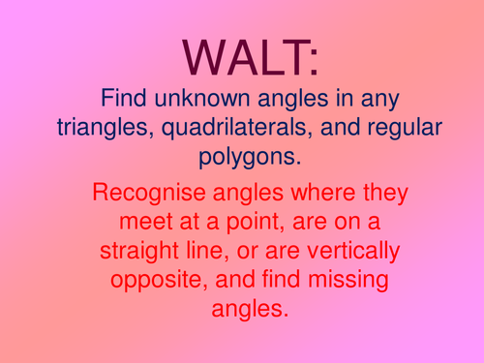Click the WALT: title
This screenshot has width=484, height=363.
[242, 57]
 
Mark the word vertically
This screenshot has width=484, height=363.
[344, 250]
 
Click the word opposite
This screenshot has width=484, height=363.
[151, 279]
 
